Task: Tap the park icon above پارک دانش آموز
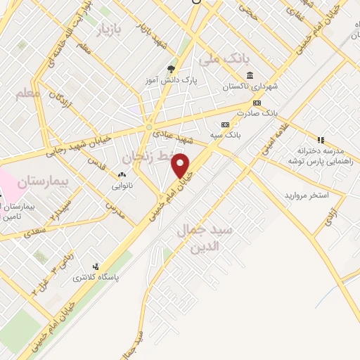pos(171,69)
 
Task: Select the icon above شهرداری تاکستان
pos(250,76)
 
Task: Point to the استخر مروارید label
pos(307,194)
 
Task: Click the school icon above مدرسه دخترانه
pos(321,140)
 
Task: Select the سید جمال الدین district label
pos(219,238)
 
